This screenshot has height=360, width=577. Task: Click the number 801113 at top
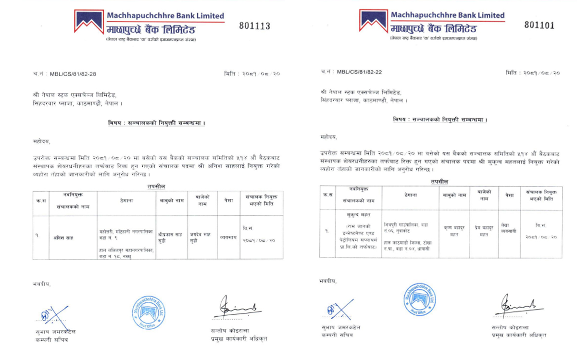coord(254,26)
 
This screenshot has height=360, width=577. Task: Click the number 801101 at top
coord(539,25)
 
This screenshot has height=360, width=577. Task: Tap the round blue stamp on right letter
coord(420,299)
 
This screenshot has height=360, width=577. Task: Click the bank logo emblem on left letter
coord(89,21)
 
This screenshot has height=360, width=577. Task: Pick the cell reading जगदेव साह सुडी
coord(201,237)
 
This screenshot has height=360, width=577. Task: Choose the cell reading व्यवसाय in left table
coord(227,237)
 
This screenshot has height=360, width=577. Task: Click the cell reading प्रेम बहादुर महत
coord(484,230)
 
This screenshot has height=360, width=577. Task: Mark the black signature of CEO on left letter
coord(237,309)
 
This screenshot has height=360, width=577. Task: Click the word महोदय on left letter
coord(41,142)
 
